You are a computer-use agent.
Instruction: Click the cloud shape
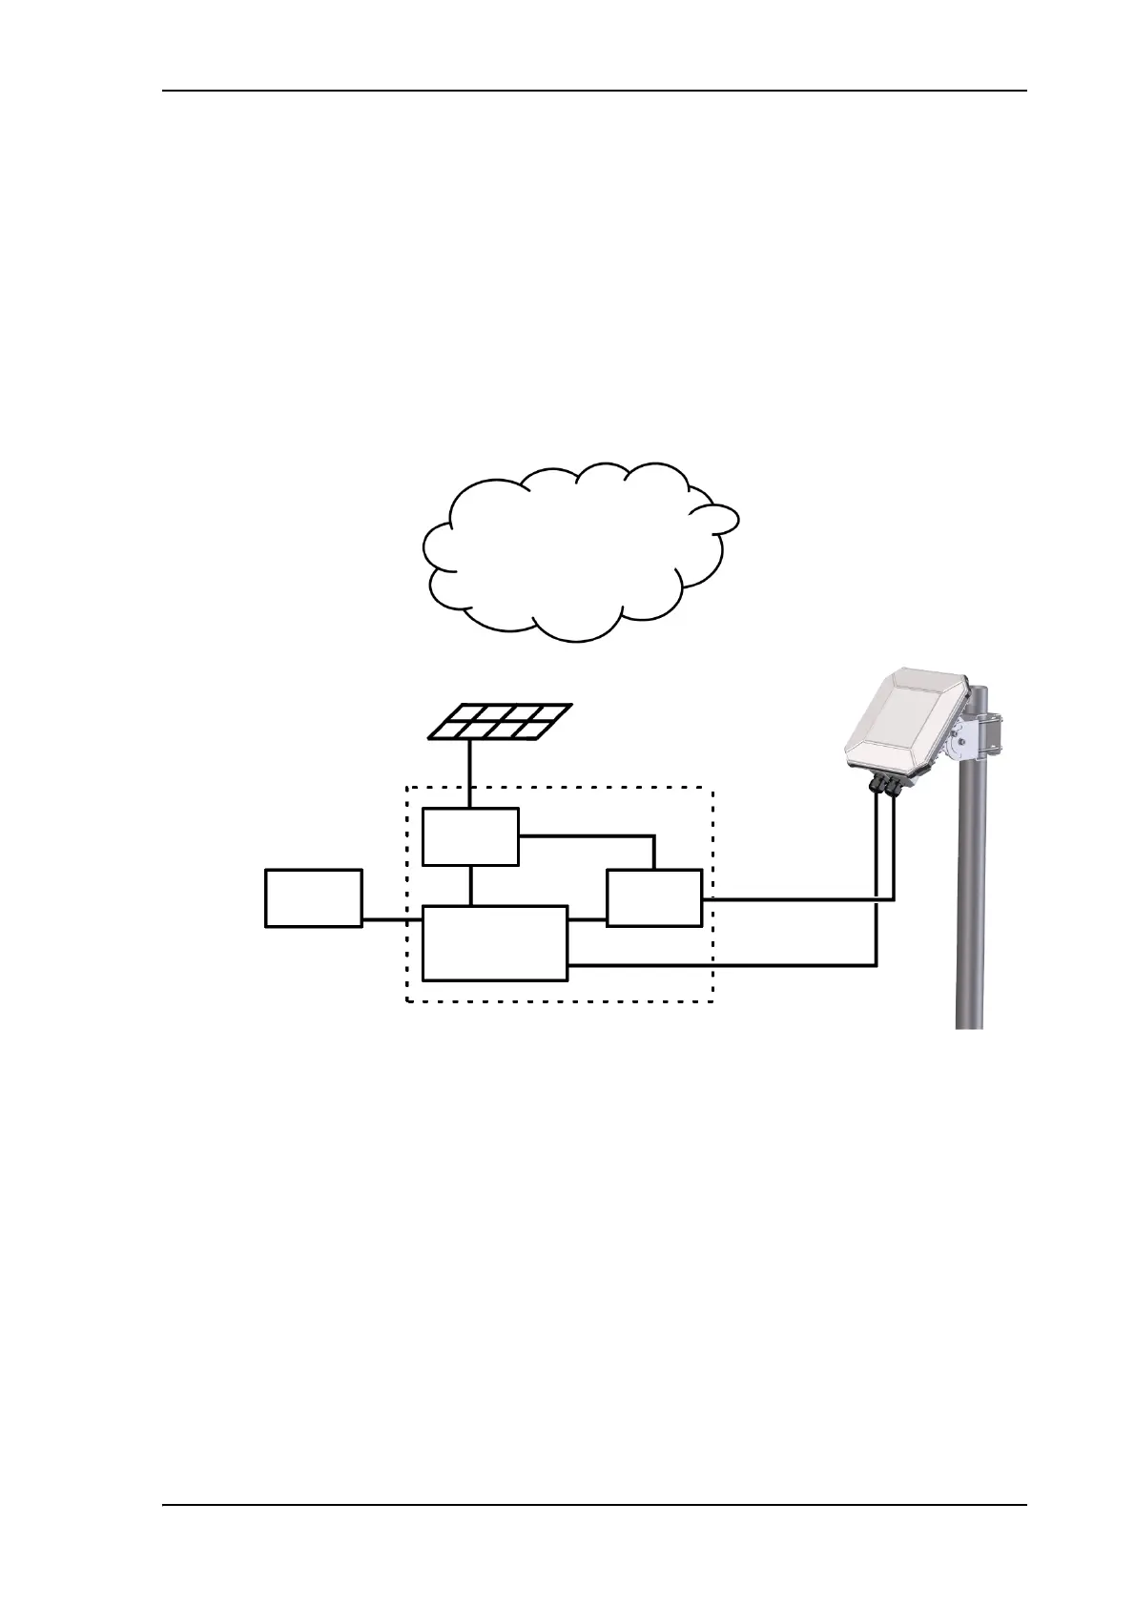[572, 553]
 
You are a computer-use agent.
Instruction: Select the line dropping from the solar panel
[470, 772]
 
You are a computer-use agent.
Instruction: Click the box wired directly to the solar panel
[470, 836]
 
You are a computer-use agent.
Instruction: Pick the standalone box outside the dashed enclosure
[313, 897]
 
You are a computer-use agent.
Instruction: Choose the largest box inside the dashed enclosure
[494, 942]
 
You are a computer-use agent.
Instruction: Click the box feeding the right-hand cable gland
[654, 897]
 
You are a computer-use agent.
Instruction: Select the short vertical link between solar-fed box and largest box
[470, 885]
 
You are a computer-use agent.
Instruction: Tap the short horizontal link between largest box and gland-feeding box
[587, 920]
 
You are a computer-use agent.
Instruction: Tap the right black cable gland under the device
[895, 786]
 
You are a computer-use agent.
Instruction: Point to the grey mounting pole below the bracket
[969, 906]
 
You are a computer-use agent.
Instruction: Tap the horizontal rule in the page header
[593, 92]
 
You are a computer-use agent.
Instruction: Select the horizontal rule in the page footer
[593, 1506]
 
